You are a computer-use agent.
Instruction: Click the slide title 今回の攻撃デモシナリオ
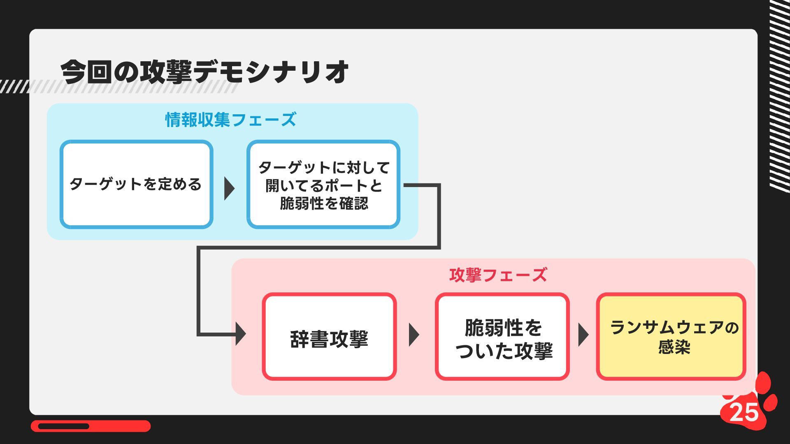pos(204,72)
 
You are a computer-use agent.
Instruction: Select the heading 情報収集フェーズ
pos(230,120)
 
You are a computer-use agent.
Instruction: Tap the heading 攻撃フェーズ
pos(498,275)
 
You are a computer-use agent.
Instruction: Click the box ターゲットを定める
pos(136,184)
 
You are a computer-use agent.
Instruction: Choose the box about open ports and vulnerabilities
pos(323,185)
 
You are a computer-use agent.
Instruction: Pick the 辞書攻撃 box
pos(329,337)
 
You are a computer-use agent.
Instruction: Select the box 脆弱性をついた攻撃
pos(502,337)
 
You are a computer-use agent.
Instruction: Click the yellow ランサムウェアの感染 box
pos(671,337)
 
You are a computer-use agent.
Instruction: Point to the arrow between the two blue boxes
pos(229,189)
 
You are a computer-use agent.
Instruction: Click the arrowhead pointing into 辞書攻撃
pos(241,333)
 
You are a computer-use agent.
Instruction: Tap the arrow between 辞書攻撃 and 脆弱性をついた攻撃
pos(414,335)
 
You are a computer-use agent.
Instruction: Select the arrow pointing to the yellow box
pos(583,335)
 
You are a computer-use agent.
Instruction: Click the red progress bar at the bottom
pos(91,426)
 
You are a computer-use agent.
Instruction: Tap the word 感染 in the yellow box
pos(674,347)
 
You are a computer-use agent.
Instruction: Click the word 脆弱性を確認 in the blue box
pos(324,203)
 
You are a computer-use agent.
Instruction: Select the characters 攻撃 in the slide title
pos(166,72)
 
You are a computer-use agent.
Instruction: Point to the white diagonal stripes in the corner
pos(780,95)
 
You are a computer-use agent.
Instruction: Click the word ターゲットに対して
pos(324,168)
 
